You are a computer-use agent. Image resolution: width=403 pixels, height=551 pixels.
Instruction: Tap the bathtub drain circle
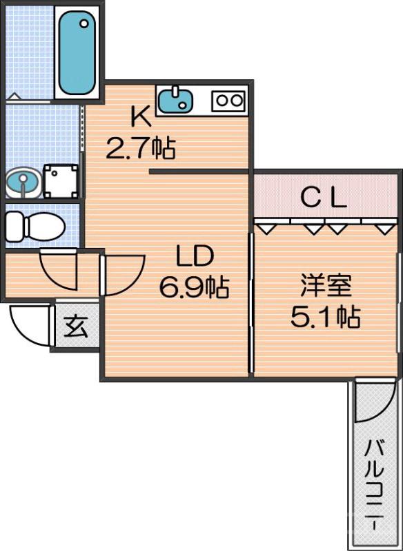84,23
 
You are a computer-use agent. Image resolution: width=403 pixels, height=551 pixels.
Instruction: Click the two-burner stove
228,100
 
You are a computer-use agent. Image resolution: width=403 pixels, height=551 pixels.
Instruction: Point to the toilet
35,225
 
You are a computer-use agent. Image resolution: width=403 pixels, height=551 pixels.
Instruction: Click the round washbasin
22,183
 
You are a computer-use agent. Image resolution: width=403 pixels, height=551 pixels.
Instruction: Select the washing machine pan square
61,181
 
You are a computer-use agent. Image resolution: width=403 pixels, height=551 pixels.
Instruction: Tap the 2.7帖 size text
140,147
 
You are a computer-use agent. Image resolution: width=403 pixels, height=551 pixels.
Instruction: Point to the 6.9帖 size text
194,287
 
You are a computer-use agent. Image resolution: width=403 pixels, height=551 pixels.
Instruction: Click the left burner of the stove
222,100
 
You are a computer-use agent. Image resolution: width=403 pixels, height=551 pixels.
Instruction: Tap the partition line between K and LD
199,171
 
